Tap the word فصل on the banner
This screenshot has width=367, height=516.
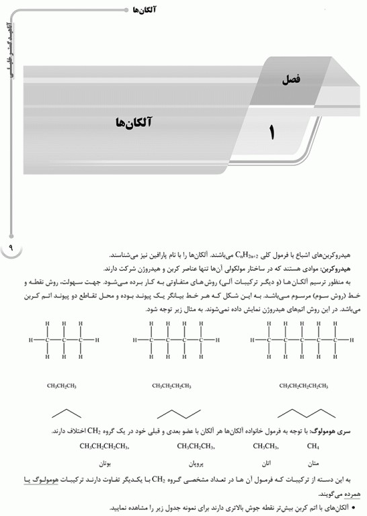coord(292,79)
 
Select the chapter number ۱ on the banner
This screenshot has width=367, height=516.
coord(272,130)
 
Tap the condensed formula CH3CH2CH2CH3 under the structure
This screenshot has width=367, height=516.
coord(171,386)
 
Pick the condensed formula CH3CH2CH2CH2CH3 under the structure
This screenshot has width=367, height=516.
coord(304,386)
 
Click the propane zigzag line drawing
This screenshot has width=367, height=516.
coord(63,413)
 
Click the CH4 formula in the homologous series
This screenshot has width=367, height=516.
coord(313,447)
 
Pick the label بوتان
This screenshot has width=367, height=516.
coord(104,464)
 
